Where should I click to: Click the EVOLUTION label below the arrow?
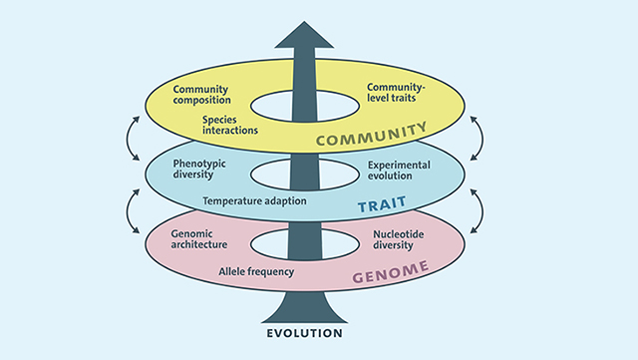point(304,333)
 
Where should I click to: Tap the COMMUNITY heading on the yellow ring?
point(372,134)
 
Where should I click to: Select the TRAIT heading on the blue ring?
point(382,204)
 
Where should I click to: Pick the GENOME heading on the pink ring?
point(391,271)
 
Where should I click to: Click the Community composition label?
point(201,95)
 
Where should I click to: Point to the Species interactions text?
point(230,125)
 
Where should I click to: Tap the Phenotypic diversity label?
point(199,169)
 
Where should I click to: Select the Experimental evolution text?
point(399,171)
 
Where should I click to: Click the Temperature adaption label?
point(255,201)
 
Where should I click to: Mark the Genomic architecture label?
point(199,239)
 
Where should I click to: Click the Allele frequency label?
point(256,272)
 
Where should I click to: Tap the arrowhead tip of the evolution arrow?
point(304,22)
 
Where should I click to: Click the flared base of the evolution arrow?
point(304,308)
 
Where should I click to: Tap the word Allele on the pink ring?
point(232,271)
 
